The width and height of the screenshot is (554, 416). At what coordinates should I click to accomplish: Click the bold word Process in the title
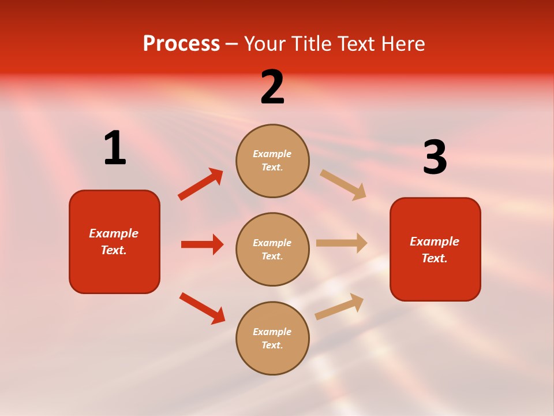pyautogui.click(x=181, y=44)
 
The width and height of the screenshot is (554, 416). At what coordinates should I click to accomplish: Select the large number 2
pyautogui.click(x=272, y=87)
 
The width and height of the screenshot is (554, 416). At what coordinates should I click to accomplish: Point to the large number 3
pyautogui.click(x=435, y=158)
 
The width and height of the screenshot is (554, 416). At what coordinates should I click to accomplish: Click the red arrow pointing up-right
pyautogui.click(x=200, y=184)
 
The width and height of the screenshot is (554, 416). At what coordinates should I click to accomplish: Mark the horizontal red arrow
pyautogui.click(x=202, y=244)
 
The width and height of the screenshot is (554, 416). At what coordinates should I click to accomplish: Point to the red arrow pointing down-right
pyautogui.click(x=202, y=308)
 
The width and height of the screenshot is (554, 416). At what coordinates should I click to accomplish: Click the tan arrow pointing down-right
pyautogui.click(x=343, y=184)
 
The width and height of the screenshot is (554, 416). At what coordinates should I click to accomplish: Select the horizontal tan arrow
pyautogui.click(x=342, y=243)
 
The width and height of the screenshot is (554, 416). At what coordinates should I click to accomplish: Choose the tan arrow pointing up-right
pyautogui.click(x=339, y=306)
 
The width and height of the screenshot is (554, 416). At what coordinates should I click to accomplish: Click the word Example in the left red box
pyautogui.click(x=114, y=233)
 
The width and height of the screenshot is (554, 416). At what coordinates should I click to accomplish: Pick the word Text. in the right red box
pyautogui.click(x=435, y=258)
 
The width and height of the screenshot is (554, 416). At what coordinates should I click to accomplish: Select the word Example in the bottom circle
pyautogui.click(x=272, y=332)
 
